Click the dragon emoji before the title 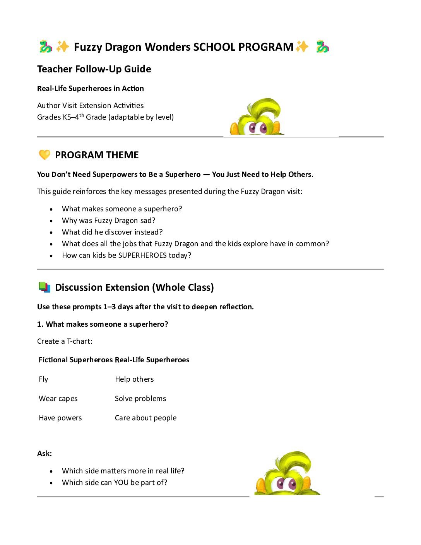tap(46, 47)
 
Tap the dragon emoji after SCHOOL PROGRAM tap(322, 47)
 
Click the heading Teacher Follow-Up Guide tap(94, 69)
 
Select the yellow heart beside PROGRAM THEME tap(44, 155)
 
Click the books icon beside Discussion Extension tap(44, 287)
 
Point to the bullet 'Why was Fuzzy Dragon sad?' tap(108, 221)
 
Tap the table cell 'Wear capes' tap(58, 399)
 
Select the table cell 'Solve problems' tap(140, 399)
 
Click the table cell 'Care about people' tap(145, 418)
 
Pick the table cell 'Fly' tap(43, 379)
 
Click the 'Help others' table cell tap(134, 379)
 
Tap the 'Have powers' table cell tap(60, 418)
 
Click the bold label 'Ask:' tap(44, 454)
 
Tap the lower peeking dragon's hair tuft tap(294, 463)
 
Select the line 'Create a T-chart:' tap(65, 341)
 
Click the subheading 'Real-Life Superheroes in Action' tap(91, 89)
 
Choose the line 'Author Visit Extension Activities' tap(91, 106)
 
